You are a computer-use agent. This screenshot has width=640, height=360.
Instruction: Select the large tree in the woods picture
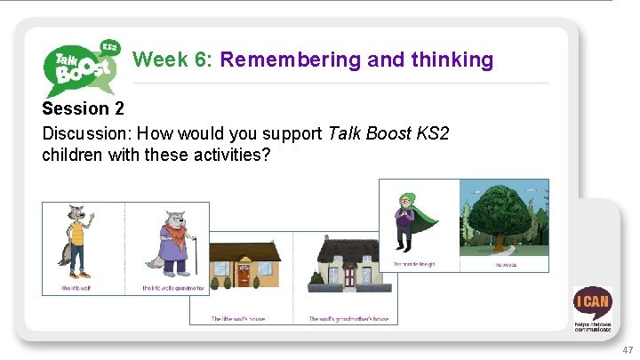point(503,222)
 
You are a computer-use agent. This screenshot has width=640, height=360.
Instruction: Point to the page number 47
point(628,350)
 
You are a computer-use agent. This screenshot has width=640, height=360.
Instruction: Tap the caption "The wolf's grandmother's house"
point(348,318)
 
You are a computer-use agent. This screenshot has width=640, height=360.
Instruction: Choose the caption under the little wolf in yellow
point(77,288)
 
